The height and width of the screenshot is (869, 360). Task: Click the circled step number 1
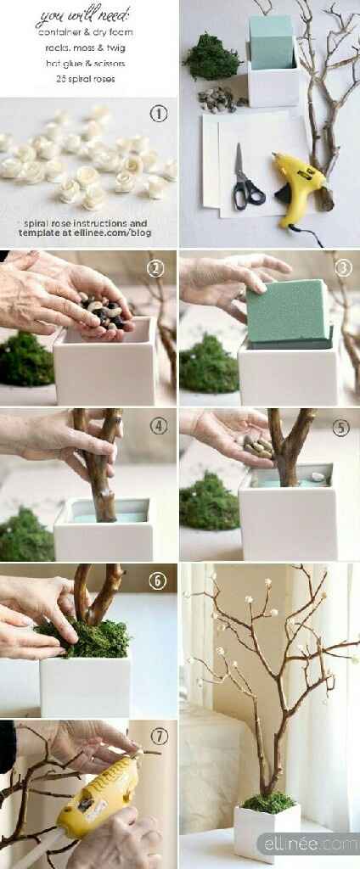pos(159,115)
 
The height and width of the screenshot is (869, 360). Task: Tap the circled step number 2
pos(155,269)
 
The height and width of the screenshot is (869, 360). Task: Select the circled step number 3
pos(343,268)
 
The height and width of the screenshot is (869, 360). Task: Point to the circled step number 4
pos(159,426)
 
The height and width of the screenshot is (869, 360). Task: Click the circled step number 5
pos(340,428)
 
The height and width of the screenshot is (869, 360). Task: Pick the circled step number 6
pos(158,580)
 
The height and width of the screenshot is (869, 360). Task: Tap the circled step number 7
pos(160,737)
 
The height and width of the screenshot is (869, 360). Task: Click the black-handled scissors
pos(245,178)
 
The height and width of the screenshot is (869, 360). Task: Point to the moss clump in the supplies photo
pos(212,56)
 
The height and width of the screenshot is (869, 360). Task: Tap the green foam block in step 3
pos(288,312)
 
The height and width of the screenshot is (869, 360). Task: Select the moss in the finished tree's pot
pos(268,802)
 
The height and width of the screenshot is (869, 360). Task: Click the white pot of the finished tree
pos(267,832)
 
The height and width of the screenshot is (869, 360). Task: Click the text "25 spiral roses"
pos(86,79)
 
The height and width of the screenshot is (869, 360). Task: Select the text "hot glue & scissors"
pos(86,63)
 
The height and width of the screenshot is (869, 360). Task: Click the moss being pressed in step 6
pos(83,638)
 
